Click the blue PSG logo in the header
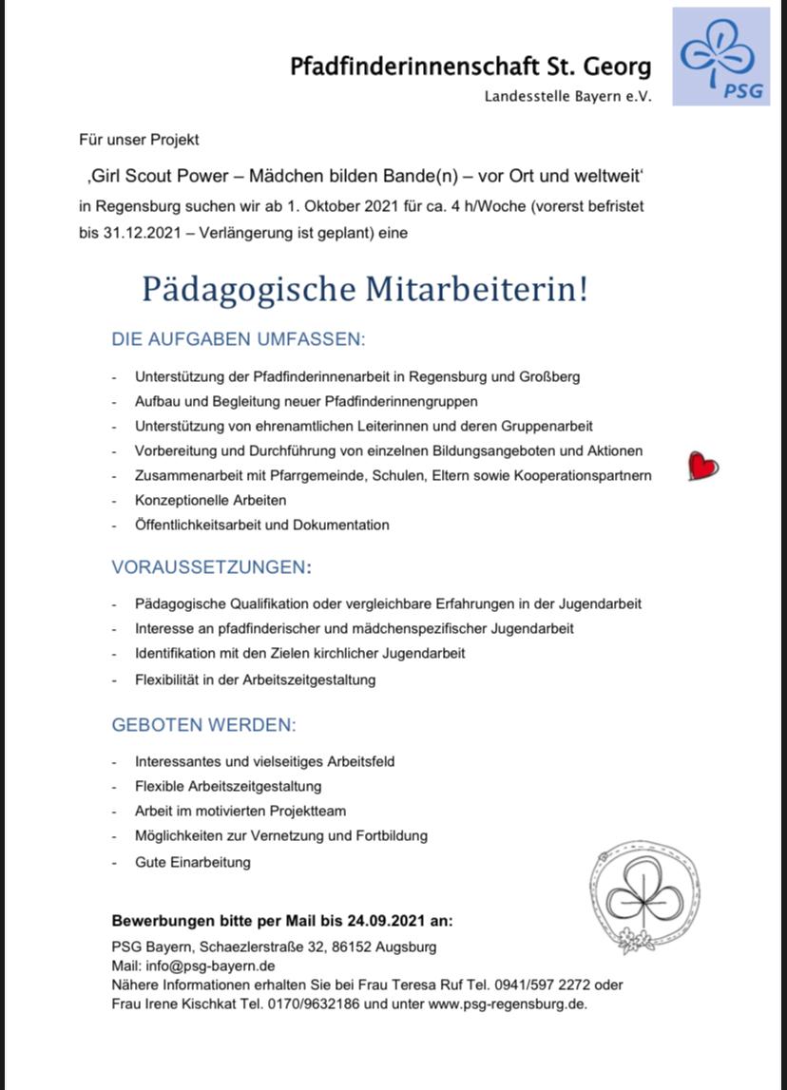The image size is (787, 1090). pyautogui.click(x=721, y=56)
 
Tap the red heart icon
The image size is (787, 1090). pyautogui.click(x=702, y=467)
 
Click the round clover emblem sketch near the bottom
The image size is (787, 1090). pyautogui.click(x=643, y=896)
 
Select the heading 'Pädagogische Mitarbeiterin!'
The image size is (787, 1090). pyautogui.click(x=365, y=289)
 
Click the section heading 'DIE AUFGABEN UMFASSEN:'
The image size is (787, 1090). pyautogui.click(x=239, y=339)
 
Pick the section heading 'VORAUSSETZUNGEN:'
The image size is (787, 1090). pyautogui.click(x=211, y=567)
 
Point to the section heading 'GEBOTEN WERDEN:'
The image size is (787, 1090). pyautogui.click(x=204, y=725)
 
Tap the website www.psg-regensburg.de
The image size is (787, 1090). pyautogui.click(x=507, y=1004)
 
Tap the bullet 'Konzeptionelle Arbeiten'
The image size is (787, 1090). pyautogui.click(x=210, y=500)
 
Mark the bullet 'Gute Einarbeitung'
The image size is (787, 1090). pyautogui.click(x=192, y=862)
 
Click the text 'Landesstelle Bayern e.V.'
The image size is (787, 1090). pyautogui.click(x=567, y=97)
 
